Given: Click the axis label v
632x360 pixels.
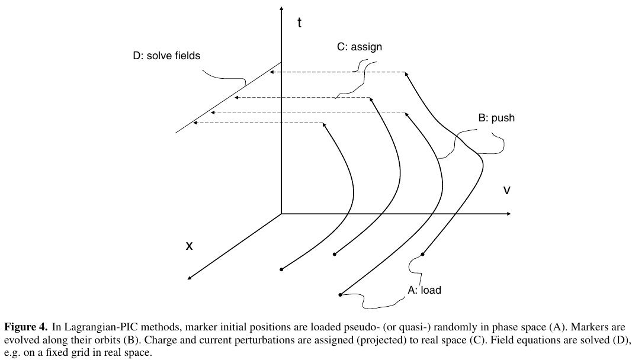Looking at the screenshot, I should (x=506, y=191).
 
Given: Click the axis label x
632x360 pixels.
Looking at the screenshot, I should (x=190, y=245).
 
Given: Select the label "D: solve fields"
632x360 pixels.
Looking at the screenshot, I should (x=166, y=56).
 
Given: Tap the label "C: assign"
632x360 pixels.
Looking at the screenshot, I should (x=360, y=47).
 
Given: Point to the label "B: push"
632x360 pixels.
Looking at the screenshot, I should (x=496, y=118).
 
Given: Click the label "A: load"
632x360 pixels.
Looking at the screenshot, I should (x=424, y=290).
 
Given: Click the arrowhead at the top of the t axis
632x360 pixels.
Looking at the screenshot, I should (x=281, y=10).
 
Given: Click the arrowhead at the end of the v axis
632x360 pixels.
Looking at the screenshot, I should (x=508, y=213).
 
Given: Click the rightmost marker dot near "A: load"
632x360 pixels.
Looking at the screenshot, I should (x=423, y=255).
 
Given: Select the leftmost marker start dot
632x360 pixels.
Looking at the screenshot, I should (x=281, y=269).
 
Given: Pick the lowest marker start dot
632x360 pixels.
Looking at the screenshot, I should (x=341, y=294).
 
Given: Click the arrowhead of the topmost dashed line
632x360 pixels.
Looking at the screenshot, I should (x=271, y=72).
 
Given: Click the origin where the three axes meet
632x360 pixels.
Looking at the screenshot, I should (x=281, y=213).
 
